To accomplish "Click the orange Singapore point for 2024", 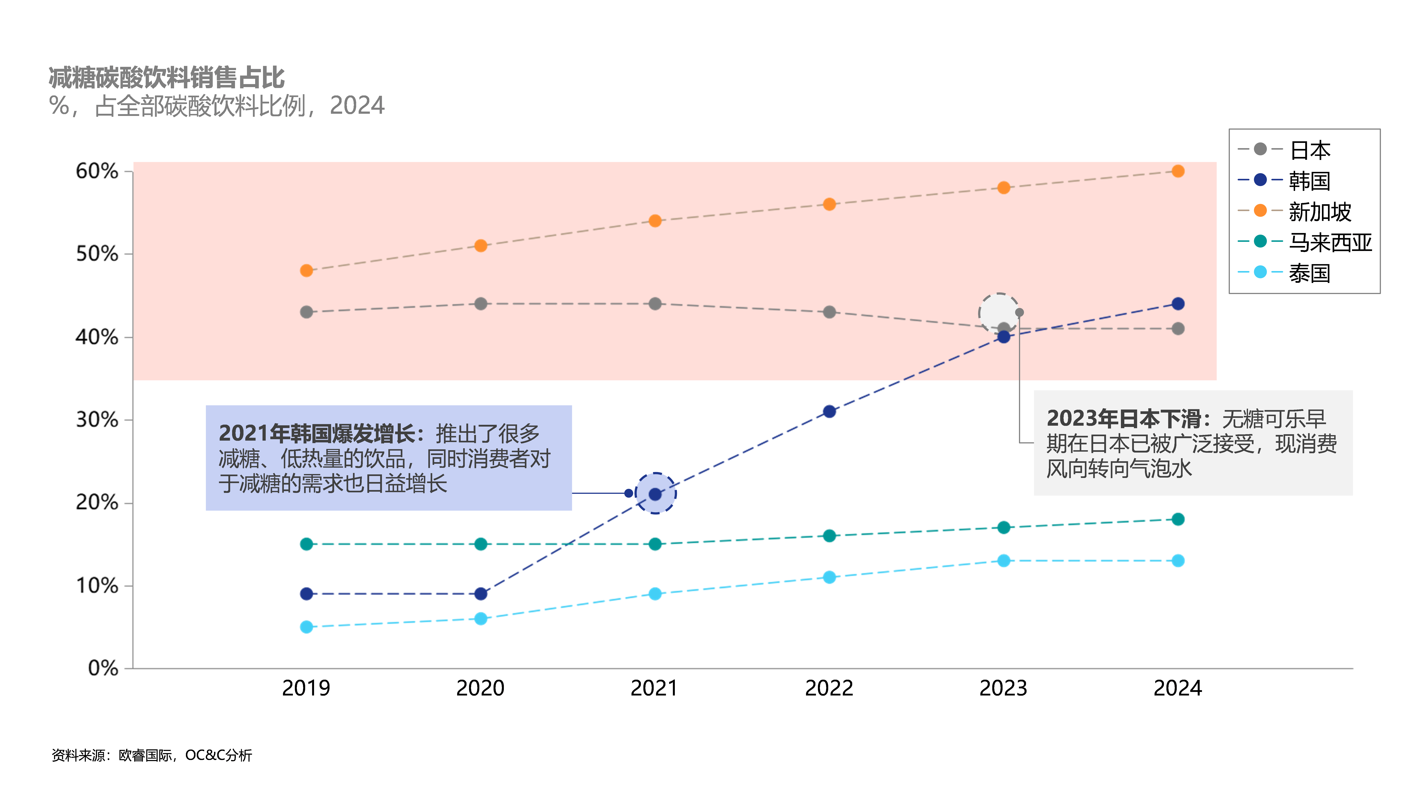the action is pos(1177,171).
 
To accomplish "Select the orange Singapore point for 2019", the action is pos(306,271).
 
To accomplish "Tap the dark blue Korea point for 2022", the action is pos(829,411).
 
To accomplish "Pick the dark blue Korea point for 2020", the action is pos(481,593).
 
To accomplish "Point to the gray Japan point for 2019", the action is pos(306,312).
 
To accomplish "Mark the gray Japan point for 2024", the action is pos(1177,328).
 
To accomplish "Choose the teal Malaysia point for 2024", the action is pos(1177,519).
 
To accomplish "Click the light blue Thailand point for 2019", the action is pos(306,627).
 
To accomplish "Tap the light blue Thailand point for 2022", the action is pos(829,577).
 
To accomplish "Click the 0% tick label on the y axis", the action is pos(103,668).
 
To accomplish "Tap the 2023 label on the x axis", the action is pos(1003,688).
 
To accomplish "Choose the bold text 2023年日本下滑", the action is pos(1123,419).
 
